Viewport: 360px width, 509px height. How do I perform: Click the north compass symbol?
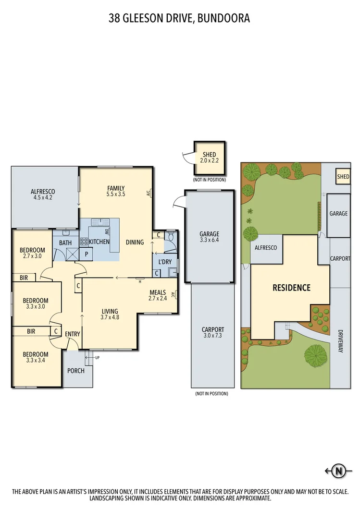click(339, 471)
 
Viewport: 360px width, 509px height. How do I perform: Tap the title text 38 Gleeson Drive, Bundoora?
click(180, 18)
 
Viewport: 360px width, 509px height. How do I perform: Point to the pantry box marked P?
click(86, 254)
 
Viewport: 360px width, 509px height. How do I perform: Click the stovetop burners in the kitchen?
click(84, 242)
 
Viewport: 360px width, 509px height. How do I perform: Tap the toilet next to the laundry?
click(171, 238)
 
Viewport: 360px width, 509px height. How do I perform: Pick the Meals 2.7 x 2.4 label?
click(158, 295)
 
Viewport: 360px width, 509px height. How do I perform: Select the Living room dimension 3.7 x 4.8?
click(110, 317)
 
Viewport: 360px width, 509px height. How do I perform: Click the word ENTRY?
click(73, 334)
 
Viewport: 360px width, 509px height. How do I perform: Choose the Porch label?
click(76, 370)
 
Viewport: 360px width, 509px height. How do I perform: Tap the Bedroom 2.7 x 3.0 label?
click(32, 253)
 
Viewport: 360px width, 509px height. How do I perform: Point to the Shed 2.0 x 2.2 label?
click(210, 157)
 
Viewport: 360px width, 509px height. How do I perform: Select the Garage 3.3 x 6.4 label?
click(210, 237)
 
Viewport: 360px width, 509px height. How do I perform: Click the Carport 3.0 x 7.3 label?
click(212, 333)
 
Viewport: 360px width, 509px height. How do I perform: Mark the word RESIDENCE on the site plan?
click(291, 288)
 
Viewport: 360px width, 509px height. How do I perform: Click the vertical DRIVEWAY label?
click(340, 341)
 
